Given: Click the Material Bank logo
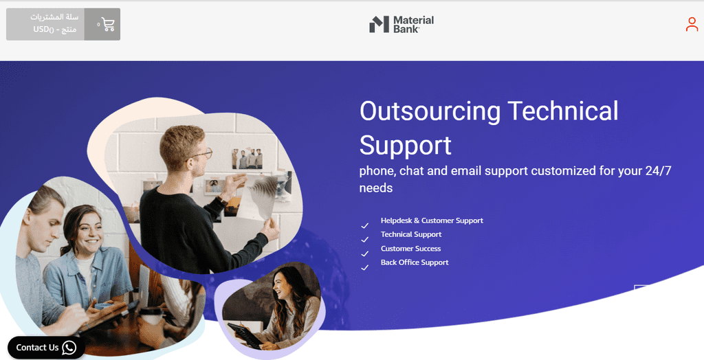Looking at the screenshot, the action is pos(401,24).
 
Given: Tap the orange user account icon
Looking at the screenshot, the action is pos(692,24).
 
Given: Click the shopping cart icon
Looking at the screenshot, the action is pos(108,24).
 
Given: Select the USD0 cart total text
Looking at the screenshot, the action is pos(43,30).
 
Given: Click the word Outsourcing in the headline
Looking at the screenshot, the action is pos(430,111).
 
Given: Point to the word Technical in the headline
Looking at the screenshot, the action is pos(562,111).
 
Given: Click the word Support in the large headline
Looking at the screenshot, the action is pos(405,146).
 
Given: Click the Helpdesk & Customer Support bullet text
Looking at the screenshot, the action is pos(432,221).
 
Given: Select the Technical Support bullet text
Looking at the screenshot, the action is pos(411,234).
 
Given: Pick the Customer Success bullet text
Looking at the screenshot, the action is pos(410,248).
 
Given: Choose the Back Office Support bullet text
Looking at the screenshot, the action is pos(415,262).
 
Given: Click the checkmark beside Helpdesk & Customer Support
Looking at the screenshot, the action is pos(364,225).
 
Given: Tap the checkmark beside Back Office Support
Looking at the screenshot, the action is pos(364,267).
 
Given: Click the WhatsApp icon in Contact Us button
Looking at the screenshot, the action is pos(69,348).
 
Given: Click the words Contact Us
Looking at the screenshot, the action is pos(37,348).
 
